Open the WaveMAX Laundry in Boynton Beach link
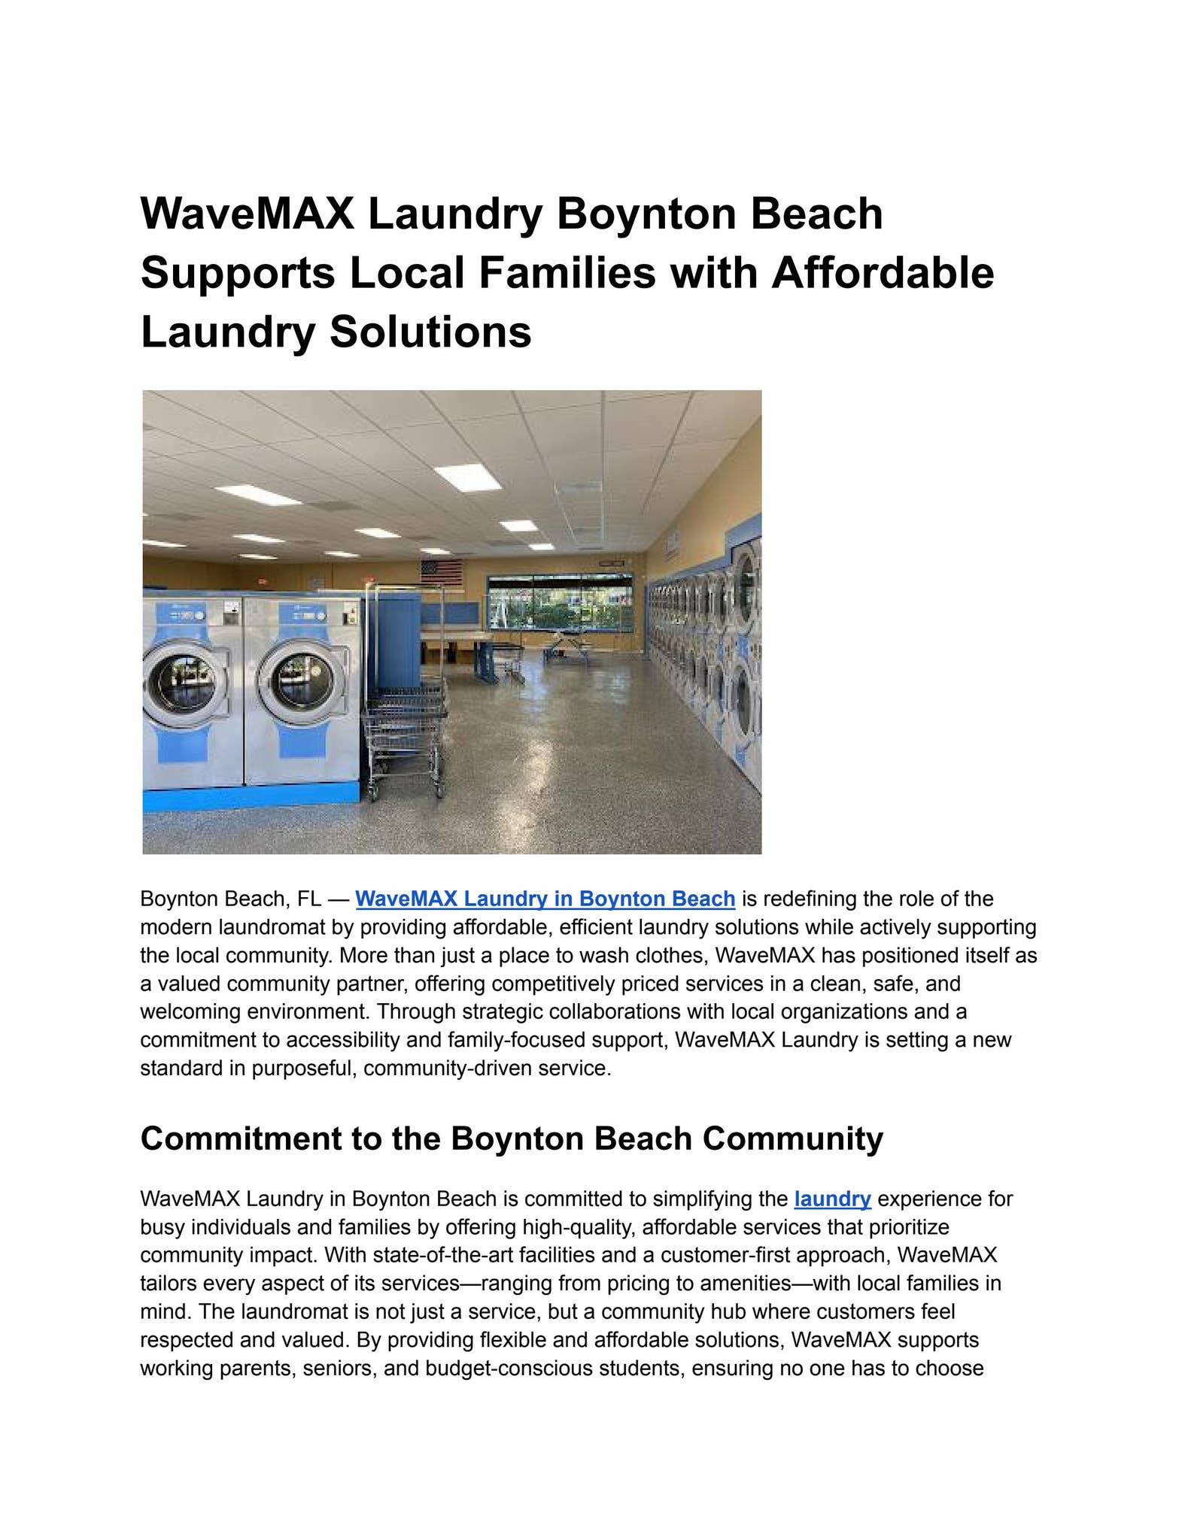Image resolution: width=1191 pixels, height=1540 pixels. (x=545, y=899)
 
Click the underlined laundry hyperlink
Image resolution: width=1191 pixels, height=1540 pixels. (x=832, y=1199)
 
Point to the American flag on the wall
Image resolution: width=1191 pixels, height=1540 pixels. (x=441, y=572)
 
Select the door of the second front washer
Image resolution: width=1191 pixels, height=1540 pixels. (x=301, y=681)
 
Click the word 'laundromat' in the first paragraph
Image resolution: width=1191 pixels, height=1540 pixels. (x=270, y=927)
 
